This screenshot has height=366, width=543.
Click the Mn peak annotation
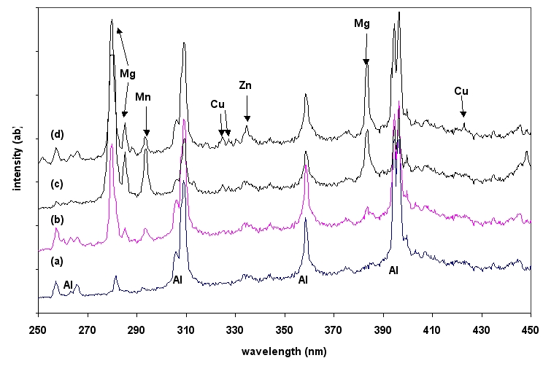[144, 97]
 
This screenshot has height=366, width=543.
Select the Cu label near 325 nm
[218, 104]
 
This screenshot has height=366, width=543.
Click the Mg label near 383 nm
[362, 24]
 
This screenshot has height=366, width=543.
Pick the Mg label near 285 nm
[128, 74]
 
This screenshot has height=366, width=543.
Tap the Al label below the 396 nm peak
[393, 270]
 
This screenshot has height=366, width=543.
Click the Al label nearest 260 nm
[68, 284]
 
